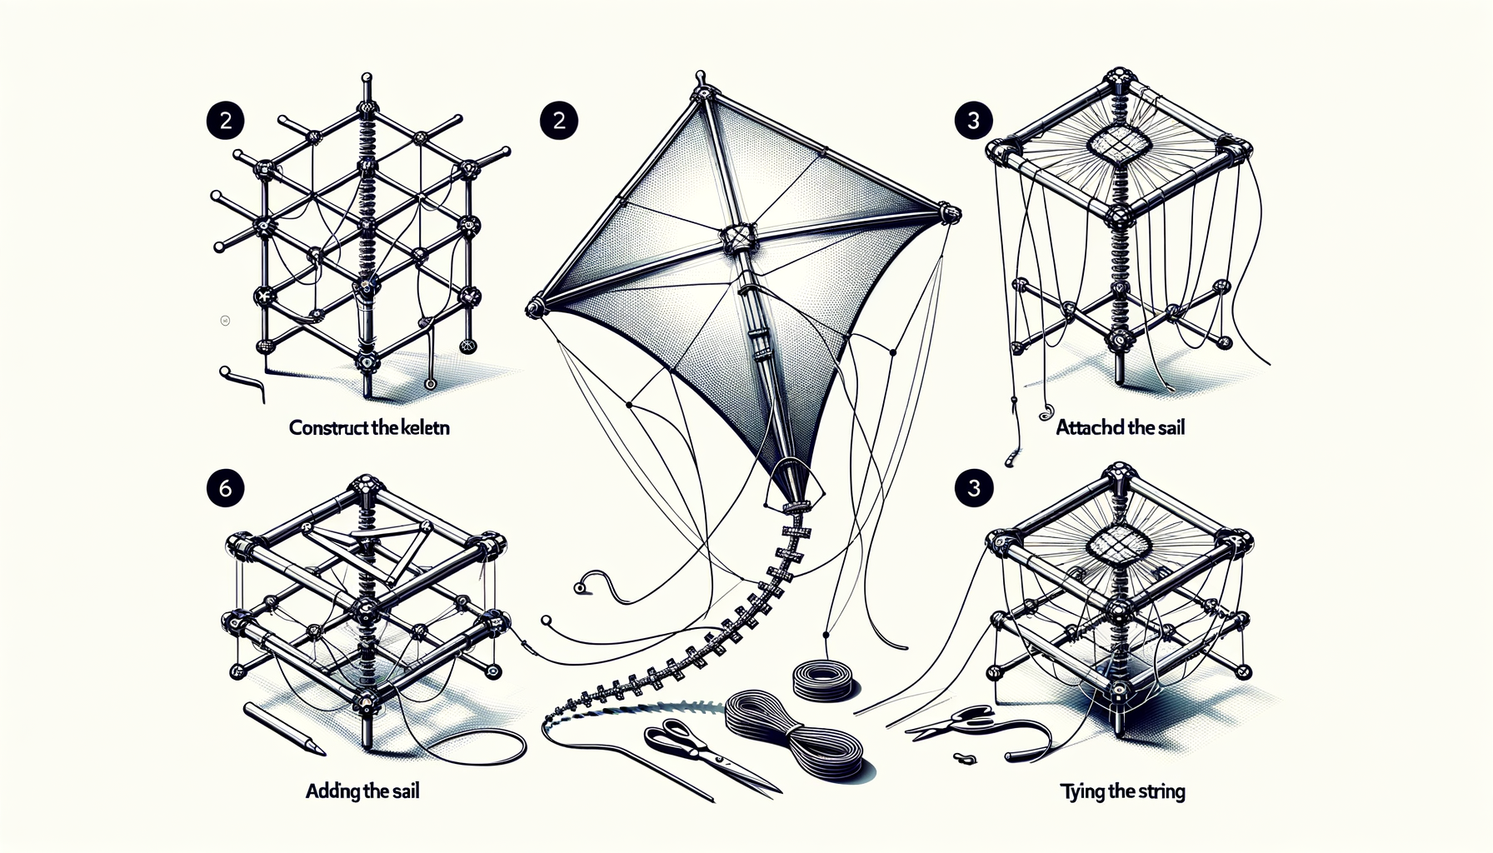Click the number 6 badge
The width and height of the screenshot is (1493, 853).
[x=225, y=488]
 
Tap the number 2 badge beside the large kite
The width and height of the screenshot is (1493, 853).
[x=559, y=121]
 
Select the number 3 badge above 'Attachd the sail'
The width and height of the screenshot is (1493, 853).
[x=973, y=121]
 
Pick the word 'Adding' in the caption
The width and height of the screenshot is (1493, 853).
[x=333, y=791]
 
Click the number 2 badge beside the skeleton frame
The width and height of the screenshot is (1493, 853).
[x=225, y=121]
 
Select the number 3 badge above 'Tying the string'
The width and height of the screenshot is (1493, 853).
[x=973, y=488]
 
